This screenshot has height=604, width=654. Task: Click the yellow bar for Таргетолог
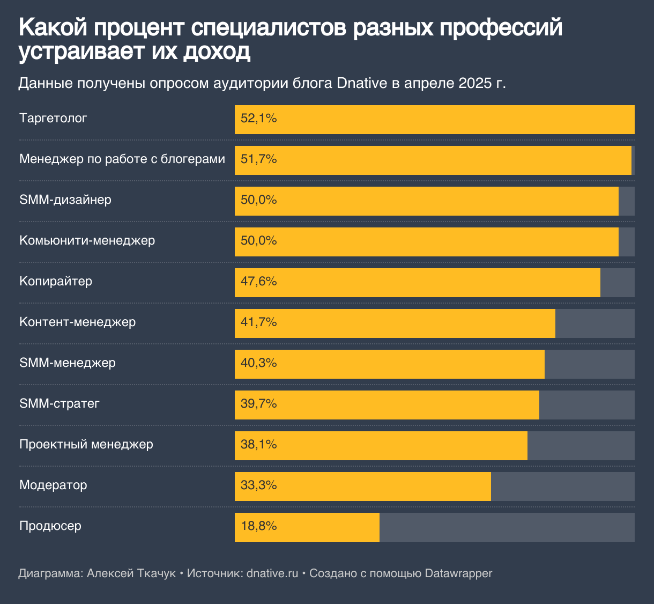point(434,119)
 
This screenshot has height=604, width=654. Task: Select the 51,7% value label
point(258,159)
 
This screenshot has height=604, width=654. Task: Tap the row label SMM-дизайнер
point(65,200)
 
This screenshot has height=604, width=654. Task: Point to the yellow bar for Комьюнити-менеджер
point(426,241)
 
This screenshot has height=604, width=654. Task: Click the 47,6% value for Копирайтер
point(258,282)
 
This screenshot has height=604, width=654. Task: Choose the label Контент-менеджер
point(77,322)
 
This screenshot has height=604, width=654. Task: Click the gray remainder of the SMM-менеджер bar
point(589,364)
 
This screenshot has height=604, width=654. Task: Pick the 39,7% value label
point(258,404)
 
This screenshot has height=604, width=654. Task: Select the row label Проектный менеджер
point(86,445)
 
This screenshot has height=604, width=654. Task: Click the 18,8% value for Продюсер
point(258,526)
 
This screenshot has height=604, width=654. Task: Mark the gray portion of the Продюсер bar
point(507,527)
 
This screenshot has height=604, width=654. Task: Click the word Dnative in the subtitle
point(362,84)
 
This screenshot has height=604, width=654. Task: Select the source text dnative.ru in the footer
point(272,573)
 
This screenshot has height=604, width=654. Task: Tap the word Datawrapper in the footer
point(458,573)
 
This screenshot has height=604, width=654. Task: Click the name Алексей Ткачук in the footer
point(131,573)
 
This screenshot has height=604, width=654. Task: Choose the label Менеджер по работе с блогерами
point(122,159)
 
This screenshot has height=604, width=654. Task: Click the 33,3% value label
point(258,485)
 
